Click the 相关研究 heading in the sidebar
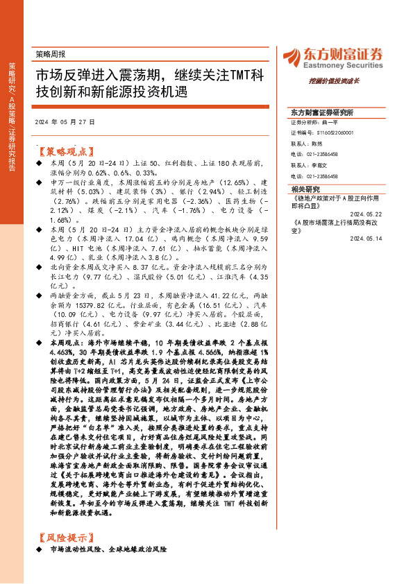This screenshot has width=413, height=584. coord(306,189)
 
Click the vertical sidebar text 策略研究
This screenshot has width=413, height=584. coord(12,76)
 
